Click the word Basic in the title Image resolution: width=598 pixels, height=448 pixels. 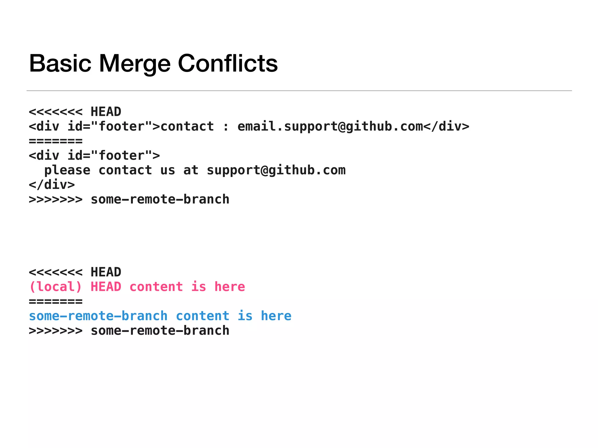point(60,63)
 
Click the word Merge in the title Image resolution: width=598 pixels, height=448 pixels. point(135,63)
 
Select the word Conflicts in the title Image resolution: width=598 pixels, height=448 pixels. point(228,63)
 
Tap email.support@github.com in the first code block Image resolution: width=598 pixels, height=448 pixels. point(330,127)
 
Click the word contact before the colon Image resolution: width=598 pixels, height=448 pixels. point(187,127)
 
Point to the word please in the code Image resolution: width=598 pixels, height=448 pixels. point(67,170)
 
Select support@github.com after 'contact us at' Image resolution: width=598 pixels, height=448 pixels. point(276,170)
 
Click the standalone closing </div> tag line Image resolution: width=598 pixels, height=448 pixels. point(52,185)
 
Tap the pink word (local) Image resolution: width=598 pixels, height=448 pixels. point(55,287)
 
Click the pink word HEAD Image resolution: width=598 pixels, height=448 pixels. point(106,287)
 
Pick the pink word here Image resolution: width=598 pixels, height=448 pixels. point(230,287)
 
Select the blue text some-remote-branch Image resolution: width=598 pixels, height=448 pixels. point(98,316)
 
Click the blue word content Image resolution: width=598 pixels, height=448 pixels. point(203,316)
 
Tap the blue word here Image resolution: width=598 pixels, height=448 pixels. point(276,316)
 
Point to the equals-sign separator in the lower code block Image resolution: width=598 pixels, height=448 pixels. point(55,302)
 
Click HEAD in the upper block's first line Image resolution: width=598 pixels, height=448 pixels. point(106,112)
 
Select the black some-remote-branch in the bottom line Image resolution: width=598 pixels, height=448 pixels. point(160,331)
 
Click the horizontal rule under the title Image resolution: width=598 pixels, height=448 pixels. point(299,91)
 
